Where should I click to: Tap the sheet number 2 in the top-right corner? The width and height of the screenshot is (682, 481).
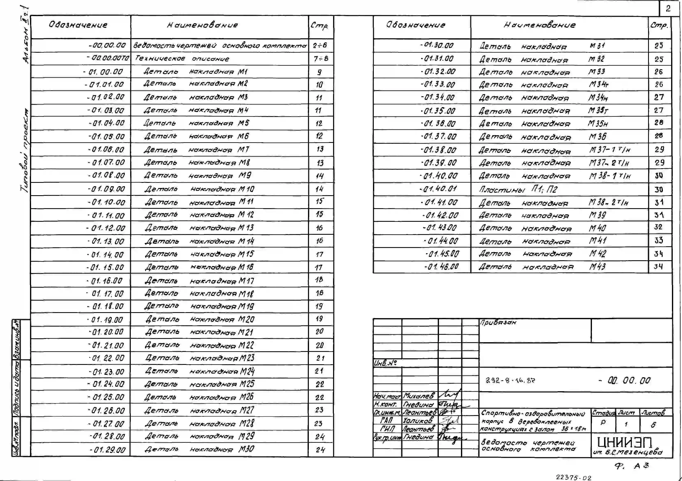[668, 9]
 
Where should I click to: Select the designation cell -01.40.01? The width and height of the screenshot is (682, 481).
[438, 189]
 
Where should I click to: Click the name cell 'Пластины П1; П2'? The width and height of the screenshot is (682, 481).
[518, 189]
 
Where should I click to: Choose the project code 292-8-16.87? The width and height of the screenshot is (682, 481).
[510, 381]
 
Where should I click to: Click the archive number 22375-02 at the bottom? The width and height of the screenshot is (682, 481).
[573, 477]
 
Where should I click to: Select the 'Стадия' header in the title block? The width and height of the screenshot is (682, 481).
[603, 413]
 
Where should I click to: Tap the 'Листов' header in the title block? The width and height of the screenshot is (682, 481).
[653, 413]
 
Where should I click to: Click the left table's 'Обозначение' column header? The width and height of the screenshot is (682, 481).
[78, 25]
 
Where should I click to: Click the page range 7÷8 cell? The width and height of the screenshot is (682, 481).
[321, 59]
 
